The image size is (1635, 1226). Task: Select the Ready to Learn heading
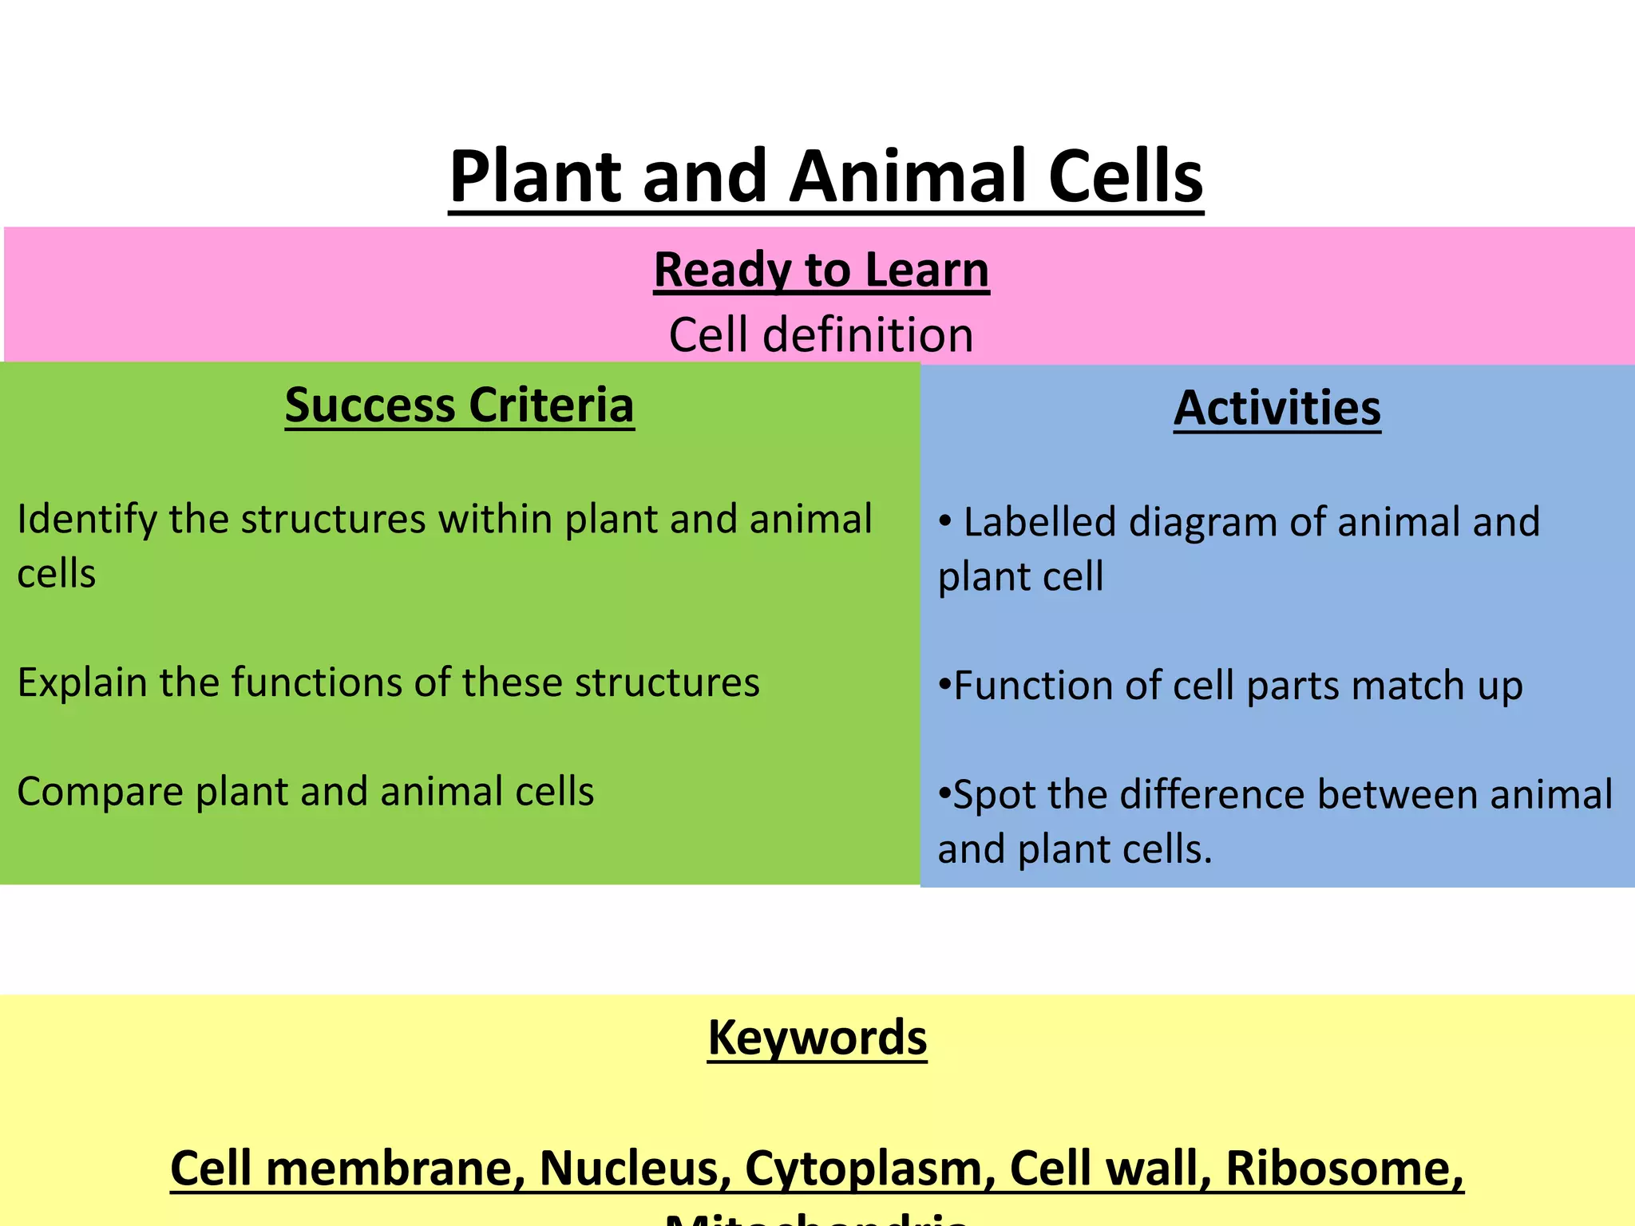point(821,270)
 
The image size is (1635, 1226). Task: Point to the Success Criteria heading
point(459,405)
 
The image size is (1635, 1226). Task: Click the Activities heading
point(1277,409)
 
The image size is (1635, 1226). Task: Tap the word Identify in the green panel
point(87,520)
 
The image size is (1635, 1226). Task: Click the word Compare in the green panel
point(100,792)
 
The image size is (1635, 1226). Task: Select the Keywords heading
point(817,1038)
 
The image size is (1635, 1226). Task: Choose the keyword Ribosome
point(1344,1169)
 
